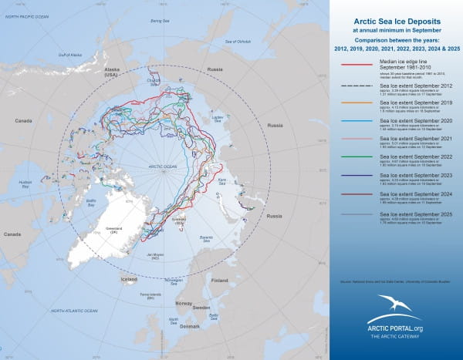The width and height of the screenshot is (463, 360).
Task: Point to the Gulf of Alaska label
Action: [x=69, y=55]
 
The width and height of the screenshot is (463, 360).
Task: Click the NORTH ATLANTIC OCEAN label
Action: [x=74, y=311]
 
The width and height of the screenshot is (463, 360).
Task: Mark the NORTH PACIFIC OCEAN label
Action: [x=29, y=16]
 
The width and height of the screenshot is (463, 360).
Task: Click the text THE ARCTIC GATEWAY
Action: [x=394, y=338]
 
